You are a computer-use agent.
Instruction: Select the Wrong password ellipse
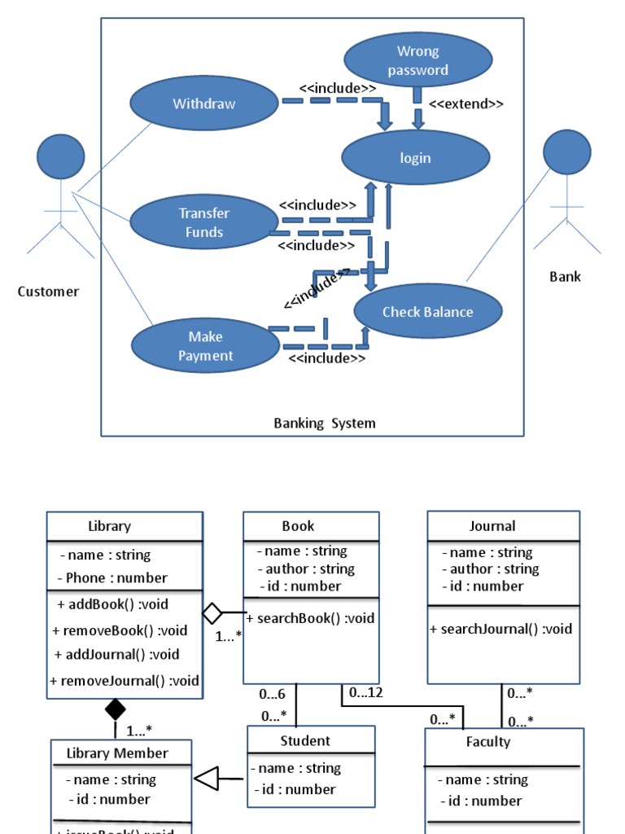pyautogui.click(x=418, y=60)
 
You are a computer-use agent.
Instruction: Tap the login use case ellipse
pyautogui.click(x=415, y=158)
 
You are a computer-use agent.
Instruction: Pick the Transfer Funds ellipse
pyautogui.click(x=203, y=222)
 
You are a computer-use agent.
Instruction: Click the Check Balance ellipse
pyautogui.click(x=428, y=311)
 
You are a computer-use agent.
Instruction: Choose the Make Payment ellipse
pyautogui.click(x=205, y=346)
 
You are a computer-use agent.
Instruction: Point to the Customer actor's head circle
pyautogui.click(x=61, y=156)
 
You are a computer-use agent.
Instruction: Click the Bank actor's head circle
pyautogui.click(x=566, y=151)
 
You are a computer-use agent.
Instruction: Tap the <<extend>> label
pyautogui.click(x=465, y=104)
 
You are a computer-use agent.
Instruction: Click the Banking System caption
pyautogui.click(x=325, y=423)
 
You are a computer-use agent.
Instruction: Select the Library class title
pyautogui.click(x=109, y=526)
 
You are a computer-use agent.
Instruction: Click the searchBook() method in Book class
pyautogui.click(x=311, y=618)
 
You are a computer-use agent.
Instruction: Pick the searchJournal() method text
pyautogui.click(x=501, y=629)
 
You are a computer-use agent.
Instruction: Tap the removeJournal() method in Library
pyautogui.click(x=125, y=681)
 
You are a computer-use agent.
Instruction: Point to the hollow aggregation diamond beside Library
pyautogui.click(x=212, y=612)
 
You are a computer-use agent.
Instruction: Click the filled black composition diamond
pyautogui.click(x=116, y=709)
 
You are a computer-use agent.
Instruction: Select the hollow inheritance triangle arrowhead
pyautogui.click(x=207, y=779)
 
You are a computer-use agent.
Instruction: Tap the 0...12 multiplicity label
pyautogui.click(x=366, y=693)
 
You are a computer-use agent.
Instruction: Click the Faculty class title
pyautogui.click(x=488, y=741)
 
